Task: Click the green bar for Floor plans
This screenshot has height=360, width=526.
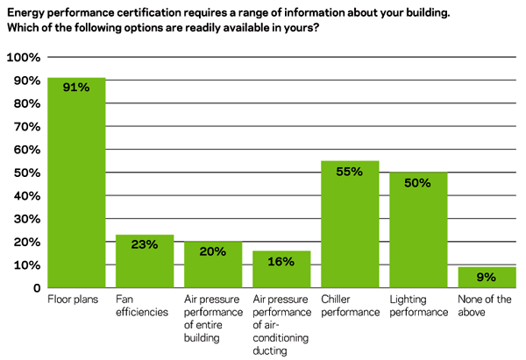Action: pos(76,184)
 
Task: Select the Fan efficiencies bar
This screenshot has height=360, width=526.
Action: pos(145,263)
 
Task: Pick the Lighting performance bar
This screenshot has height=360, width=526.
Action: pos(418,231)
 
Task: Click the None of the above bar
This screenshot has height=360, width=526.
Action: pos(487,278)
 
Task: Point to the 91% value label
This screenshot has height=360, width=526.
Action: pos(76,88)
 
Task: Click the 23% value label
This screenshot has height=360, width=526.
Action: pos(145,245)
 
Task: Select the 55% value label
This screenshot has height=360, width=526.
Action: pos(350,172)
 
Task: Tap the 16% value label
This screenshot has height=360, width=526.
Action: pos(281,261)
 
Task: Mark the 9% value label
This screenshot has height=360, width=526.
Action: pos(487,278)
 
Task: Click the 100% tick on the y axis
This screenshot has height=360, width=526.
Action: pos(24,58)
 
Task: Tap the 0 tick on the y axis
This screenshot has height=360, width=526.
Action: pos(37,288)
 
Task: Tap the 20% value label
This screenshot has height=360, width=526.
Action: pos(213,252)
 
